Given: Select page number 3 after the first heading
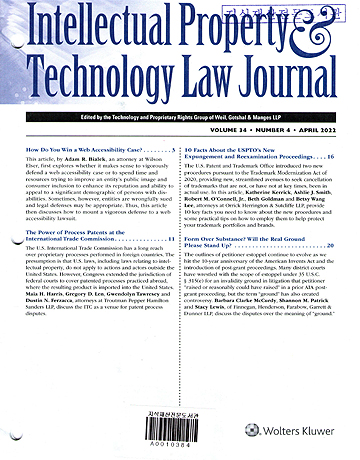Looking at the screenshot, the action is (174, 148).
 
